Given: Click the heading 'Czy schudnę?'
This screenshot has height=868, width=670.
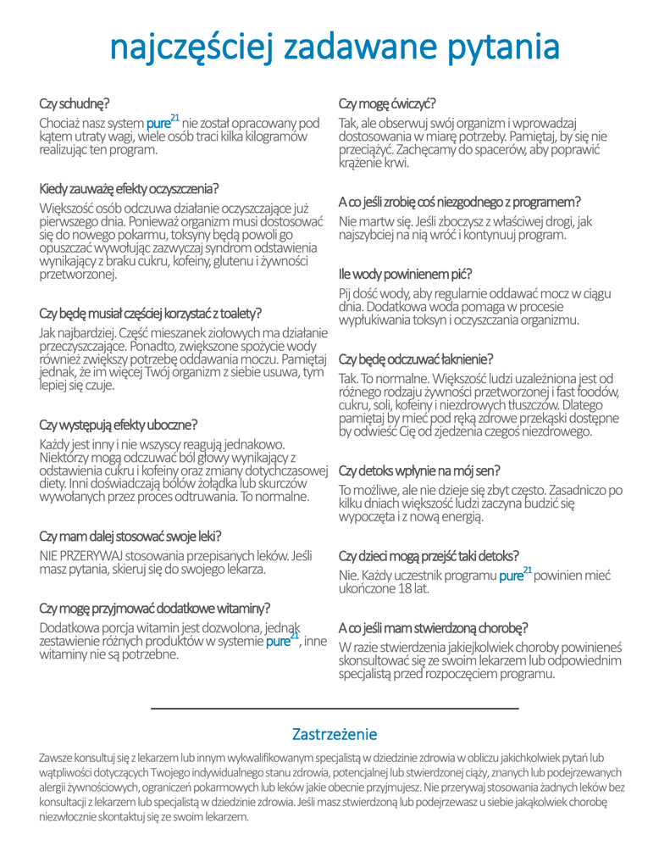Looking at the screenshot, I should [74, 104].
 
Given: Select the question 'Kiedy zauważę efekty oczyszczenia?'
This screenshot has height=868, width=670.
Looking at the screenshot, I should [129, 188].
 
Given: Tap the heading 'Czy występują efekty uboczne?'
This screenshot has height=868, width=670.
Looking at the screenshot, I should [118, 425].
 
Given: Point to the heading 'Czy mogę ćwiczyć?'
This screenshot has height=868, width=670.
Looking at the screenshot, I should [387, 104].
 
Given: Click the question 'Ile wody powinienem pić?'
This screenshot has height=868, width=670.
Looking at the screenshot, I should [405, 275].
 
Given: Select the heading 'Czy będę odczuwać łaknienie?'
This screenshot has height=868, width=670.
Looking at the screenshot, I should [416, 359].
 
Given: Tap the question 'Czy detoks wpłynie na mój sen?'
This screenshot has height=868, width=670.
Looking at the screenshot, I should [419, 470].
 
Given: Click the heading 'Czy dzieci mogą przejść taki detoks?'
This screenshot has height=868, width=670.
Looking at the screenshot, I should [429, 556].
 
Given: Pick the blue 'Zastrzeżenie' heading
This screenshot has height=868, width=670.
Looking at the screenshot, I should [335, 734].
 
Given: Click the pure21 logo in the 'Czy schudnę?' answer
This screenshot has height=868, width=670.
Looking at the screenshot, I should [163, 122].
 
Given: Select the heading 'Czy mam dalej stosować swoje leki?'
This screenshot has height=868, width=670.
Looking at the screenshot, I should [130, 536].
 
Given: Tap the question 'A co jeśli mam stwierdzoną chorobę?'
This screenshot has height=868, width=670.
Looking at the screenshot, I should [433, 628].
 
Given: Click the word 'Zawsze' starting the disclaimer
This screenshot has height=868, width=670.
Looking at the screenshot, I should [57, 756].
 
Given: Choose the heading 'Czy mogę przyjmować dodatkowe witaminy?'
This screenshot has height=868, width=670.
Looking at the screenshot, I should [155, 608].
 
